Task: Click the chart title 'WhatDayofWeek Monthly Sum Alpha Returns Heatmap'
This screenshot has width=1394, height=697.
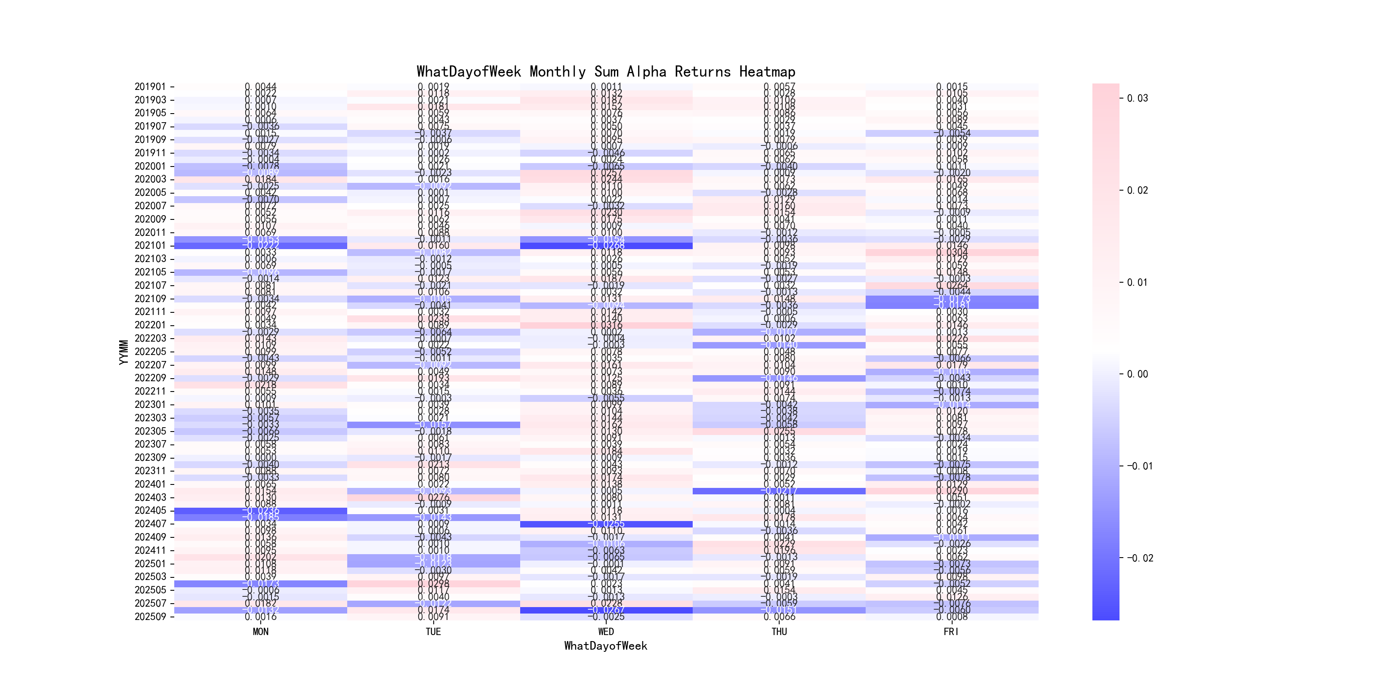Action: pos(605,72)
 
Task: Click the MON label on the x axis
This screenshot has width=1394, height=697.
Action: pos(260,632)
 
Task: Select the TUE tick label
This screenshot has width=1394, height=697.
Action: pos(433,632)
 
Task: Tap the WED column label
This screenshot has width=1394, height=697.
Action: pos(606,632)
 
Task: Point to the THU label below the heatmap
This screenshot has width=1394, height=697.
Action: pos(779,632)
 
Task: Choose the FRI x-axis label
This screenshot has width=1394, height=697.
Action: pos(951,632)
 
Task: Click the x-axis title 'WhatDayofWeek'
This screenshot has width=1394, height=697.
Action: pos(605,646)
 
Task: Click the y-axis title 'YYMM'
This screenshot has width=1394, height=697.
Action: pos(124,352)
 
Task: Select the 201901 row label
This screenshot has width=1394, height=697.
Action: pos(150,86)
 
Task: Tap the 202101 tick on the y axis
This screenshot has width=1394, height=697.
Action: pos(150,246)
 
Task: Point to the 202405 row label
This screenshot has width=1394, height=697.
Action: pos(150,510)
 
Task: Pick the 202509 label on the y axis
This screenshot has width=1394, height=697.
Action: pos(150,617)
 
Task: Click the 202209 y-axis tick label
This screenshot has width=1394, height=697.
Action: pos(150,378)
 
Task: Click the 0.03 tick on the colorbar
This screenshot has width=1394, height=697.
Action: pos(1138,99)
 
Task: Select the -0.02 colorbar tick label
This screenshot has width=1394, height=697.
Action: pos(1140,558)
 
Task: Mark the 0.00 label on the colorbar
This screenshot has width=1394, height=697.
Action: pos(1138,374)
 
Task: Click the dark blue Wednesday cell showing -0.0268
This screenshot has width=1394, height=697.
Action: pos(606,246)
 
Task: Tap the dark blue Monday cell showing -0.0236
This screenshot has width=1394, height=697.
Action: pos(260,510)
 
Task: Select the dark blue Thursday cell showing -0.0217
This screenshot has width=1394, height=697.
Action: pos(779,491)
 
